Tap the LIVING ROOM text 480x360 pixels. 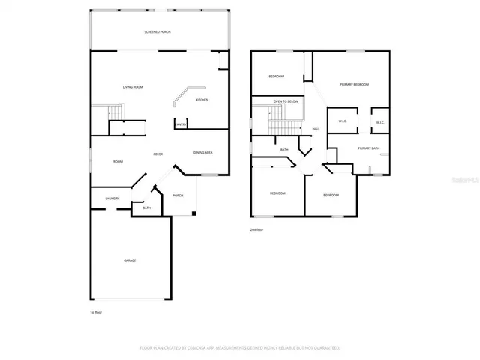pos(133,87)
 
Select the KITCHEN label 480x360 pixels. pos(202,100)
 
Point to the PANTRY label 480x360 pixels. pos(181,125)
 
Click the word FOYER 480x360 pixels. pos(158,154)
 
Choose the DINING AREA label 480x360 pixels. pos(203,153)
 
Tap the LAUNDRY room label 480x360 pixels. pos(101,199)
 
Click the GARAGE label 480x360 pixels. pos(130,260)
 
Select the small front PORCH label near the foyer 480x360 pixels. pos(178,196)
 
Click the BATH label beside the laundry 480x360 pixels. pos(146,208)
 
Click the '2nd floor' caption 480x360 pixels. pos(256,229)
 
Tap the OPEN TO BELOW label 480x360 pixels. pos(286,100)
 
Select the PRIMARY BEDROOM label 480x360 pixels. pos(354,84)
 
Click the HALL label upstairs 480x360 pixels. pos(316,129)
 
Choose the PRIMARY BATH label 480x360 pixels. pos(368,148)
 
